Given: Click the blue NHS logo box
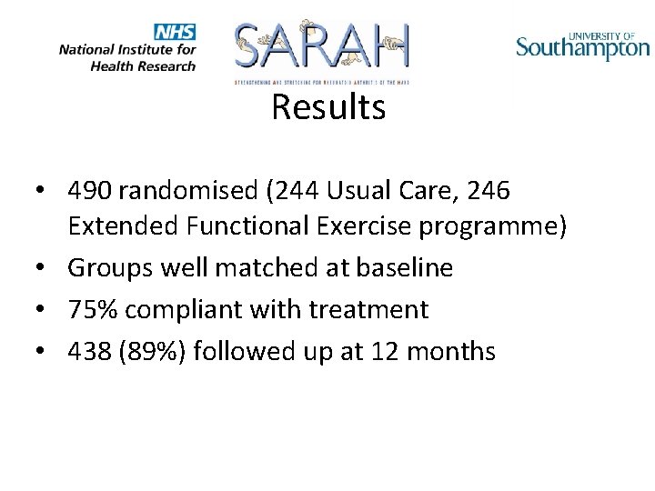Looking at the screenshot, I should point(176,32).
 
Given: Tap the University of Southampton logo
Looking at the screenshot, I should point(583,45).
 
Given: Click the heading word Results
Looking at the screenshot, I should point(328,107).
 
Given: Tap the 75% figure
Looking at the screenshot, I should point(92,309).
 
